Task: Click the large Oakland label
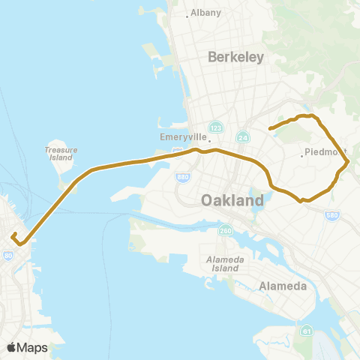click(x=232, y=201)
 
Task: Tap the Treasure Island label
click(x=61, y=154)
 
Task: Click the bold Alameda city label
click(x=280, y=286)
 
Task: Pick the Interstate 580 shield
click(x=331, y=216)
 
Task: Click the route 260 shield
click(x=226, y=231)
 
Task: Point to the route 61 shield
click(x=306, y=330)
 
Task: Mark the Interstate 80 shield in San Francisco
click(x=7, y=256)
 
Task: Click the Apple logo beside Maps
click(x=11, y=347)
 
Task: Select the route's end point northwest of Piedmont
click(x=269, y=128)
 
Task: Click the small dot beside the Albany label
click(x=187, y=15)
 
